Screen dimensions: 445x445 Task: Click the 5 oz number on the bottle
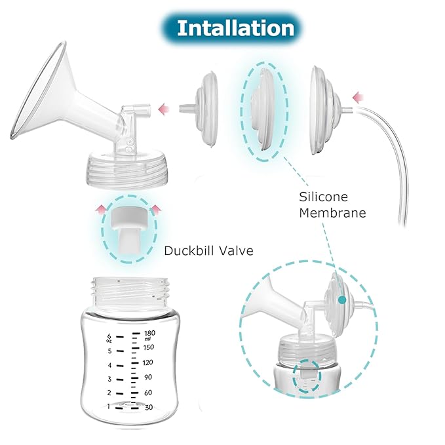(x=110, y=351)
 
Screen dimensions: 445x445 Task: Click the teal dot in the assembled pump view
(x=341, y=299)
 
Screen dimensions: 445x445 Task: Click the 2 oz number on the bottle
(x=110, y=392)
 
